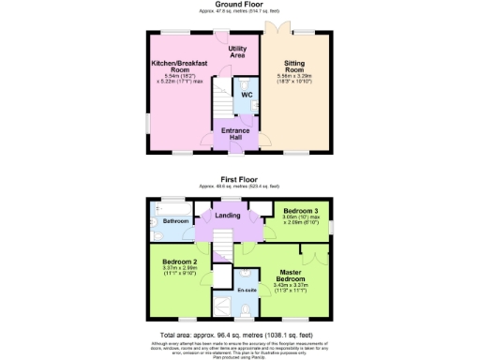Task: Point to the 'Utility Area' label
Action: [237, 51]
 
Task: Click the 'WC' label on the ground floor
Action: [246, 95]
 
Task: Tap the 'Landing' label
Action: [228, 217]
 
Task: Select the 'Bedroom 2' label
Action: [178, 262]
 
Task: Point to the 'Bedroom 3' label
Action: [301, 212]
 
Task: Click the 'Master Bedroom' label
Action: [291, 277]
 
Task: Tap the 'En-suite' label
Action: [247, 291]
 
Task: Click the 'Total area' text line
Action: [239, 335]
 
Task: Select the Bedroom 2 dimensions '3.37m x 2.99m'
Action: [178, 270]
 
